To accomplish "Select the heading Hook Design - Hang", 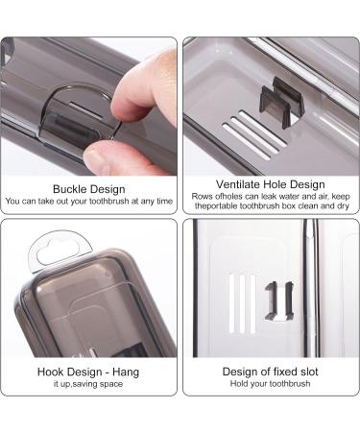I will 89,371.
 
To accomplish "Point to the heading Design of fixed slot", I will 270,371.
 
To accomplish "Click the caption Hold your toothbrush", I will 270,386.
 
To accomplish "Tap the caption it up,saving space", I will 89,386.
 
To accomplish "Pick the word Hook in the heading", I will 50,371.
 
